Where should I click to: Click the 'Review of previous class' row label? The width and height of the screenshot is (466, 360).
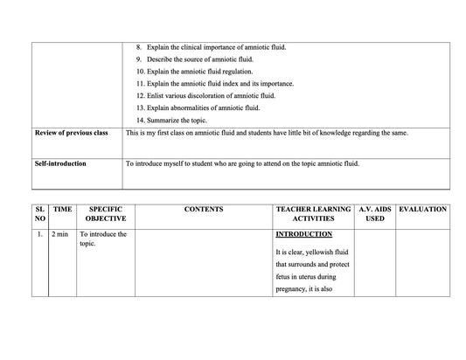tap(71, 133)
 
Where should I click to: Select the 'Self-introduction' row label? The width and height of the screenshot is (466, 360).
tap(60, 163)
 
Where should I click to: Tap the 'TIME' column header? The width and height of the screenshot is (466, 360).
tap(62, 210)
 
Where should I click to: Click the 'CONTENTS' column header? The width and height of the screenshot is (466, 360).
tap(204, 210)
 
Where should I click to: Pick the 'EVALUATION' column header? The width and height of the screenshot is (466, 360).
tap(422, 210)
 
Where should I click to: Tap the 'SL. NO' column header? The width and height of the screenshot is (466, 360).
tap(39, 215)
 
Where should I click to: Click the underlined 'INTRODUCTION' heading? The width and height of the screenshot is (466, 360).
tap(303, 234)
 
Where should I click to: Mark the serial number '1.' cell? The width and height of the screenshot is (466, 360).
tap(40, 234)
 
